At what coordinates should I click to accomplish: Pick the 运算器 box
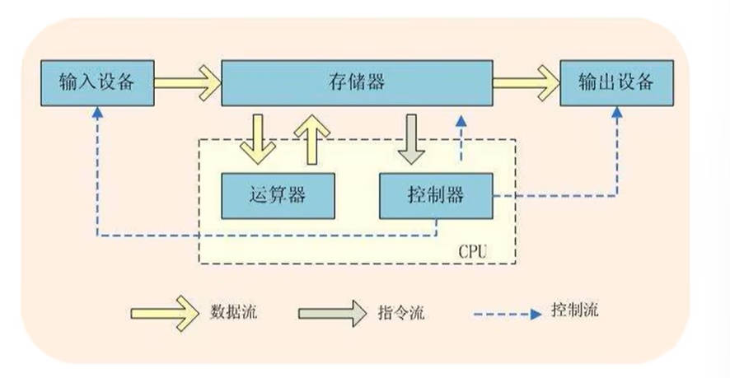[x=277, y=195]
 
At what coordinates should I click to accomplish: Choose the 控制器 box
[x=435, y=195]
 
